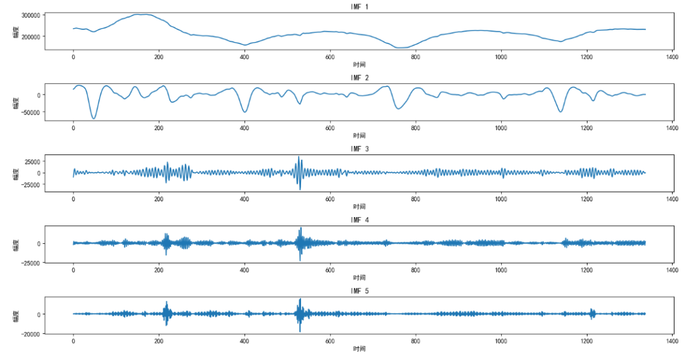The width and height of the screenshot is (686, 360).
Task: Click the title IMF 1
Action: click(x=360, y=6)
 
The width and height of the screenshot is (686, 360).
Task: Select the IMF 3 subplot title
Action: click(x=360, y=149)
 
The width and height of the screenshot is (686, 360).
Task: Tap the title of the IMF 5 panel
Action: click(x=360, y=291)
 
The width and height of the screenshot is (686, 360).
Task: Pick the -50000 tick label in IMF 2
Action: click(x=30, y=112)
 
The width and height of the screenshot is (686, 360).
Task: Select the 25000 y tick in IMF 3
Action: click(x=32, y=161)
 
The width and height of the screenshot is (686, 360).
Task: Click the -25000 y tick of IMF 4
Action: click(x=30, y=262)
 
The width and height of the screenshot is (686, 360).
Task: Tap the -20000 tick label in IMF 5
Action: click(x=30, y=333)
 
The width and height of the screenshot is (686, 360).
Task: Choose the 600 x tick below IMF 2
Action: click(x=330, y=128)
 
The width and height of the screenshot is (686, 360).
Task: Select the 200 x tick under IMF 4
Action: click(x=159, y=270)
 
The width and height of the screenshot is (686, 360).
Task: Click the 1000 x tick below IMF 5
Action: click(x=501, y=341)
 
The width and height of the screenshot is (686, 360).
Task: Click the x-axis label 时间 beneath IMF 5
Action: click(x=360, y=349)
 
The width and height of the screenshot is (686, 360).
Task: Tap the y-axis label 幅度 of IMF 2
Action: click(x=16, y=100)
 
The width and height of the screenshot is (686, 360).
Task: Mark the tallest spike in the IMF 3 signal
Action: click(x=299, y=157)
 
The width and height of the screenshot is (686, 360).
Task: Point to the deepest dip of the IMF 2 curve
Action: click(x=93, y=119)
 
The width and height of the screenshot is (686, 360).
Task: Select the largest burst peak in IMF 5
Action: click(x=300, y=299)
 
